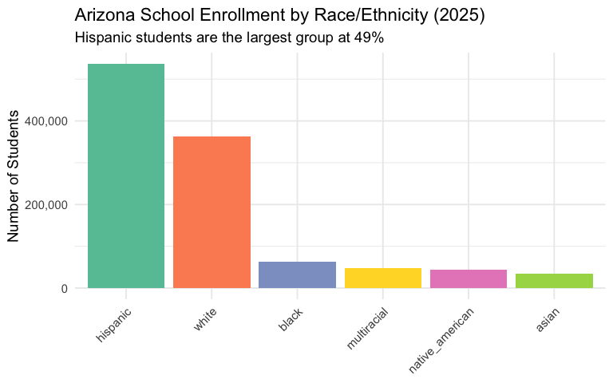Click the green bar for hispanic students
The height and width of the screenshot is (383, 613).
126,176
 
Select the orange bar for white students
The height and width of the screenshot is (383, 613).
212,212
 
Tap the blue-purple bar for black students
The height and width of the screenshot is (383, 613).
297,274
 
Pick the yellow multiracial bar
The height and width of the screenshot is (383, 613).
383,278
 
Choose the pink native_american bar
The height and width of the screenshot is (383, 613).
469,278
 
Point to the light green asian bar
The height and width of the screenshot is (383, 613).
554,281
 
